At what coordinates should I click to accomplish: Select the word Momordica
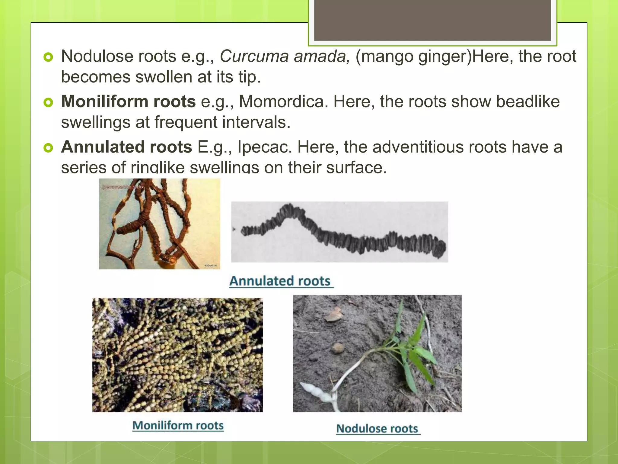pos(283,101)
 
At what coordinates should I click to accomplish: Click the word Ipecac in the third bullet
pos(264,147)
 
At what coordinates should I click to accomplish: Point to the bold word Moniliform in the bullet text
pos(105,101)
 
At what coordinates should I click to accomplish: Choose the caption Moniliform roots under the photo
pos(178,425)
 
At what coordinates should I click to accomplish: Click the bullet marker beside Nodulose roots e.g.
pos(48,57)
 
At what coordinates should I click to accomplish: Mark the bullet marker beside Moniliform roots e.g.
pos(48,102)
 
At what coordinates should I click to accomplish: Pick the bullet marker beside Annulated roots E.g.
pos(48,148)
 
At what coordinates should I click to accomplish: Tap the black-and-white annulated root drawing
pos(339,232)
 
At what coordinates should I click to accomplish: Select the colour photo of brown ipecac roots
pos(159,224)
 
